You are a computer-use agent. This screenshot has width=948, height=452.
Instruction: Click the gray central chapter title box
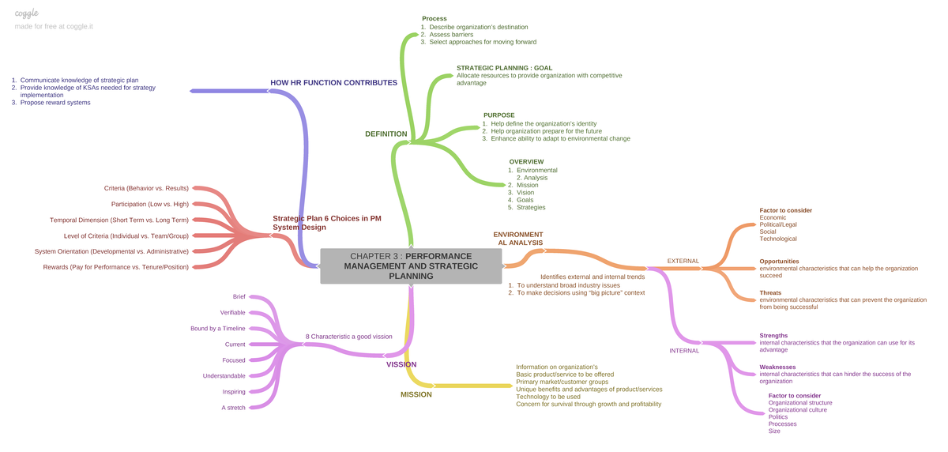coord(411,266)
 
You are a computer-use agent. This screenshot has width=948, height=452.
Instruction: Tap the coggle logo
coord(27,13)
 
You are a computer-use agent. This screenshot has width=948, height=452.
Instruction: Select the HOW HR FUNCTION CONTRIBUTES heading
coord(333,82)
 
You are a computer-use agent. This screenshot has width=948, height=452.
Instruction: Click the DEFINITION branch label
coord(386,134)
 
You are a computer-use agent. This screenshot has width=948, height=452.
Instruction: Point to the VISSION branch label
coord(401,364)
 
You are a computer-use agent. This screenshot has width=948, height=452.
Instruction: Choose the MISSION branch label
coord(416,394)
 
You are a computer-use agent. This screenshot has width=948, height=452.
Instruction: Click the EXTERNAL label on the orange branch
coord(683,261)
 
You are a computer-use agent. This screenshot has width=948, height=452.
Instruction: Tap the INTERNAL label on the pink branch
coord(684,351)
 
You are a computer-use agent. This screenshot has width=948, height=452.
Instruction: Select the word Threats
coord(770,293)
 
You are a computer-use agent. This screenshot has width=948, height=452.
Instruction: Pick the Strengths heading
coord(773,336)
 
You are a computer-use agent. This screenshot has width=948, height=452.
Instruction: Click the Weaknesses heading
coord(777,367)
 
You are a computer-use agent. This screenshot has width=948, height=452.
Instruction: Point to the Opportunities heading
coord(779,262)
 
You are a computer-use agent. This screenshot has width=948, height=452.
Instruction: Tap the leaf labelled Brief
coord(239,296)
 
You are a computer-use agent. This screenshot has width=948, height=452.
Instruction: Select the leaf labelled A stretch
coord(233,408)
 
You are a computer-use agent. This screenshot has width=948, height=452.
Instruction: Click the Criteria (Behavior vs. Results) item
coord(146,188)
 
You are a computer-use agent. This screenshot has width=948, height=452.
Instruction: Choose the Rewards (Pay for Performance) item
coord(115,267)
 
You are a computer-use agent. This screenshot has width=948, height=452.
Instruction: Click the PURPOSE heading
coord(499,115)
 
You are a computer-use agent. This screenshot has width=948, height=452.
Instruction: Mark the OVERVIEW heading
coord(526,162)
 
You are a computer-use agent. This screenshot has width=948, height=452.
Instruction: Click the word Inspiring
coord(234,392)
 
